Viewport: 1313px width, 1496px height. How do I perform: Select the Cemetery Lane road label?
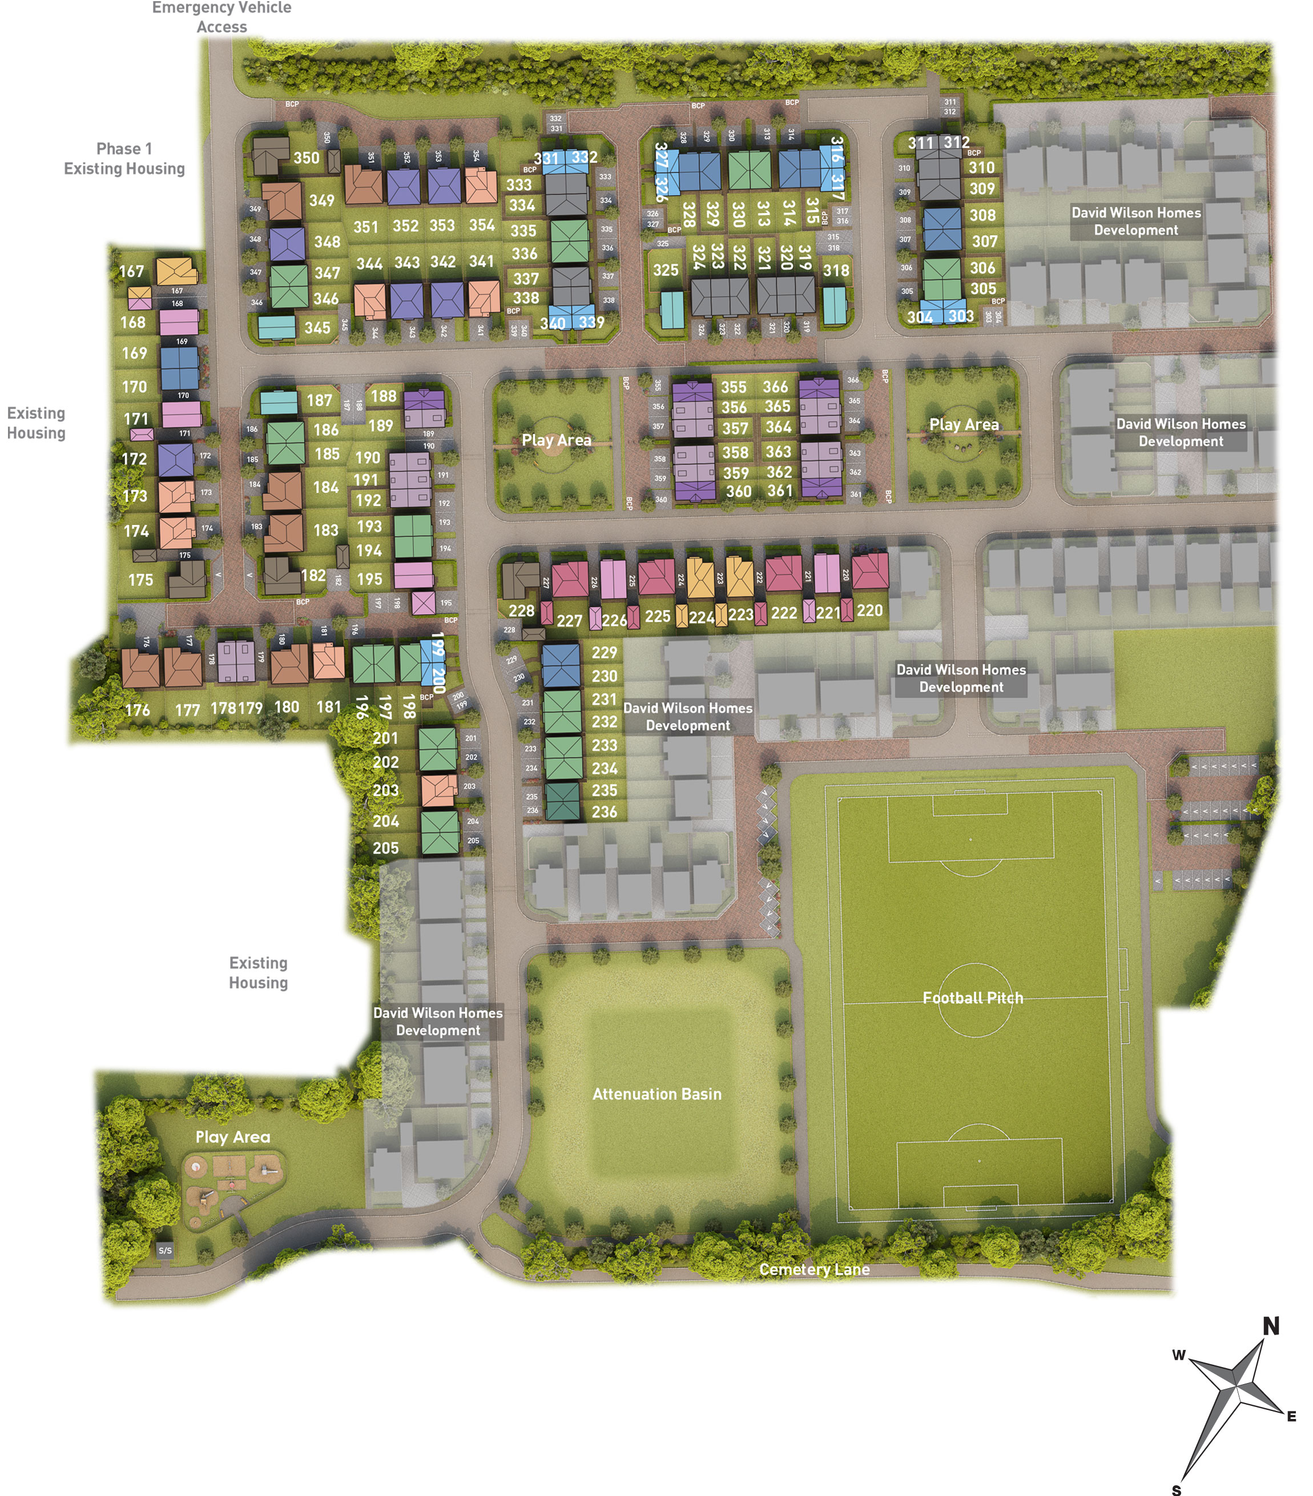pos(813,1269)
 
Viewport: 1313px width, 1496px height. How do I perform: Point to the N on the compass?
pos(1271,1325)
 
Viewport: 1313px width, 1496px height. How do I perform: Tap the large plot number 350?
pos(306,157)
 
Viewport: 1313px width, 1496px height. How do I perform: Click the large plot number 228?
pos(521,610)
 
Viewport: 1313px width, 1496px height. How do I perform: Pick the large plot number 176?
pos(138,709)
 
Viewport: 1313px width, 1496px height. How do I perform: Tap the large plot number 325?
pos(666,269)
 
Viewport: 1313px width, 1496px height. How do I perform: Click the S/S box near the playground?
pos(166,1250)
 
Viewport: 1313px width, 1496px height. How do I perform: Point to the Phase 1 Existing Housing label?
pos(124,159)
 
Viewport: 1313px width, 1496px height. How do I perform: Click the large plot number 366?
pos(775,386)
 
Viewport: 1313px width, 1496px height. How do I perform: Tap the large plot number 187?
pos(319,401)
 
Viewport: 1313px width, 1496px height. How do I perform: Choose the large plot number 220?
pos(869,610)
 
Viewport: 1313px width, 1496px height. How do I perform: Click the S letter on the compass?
pos(1176,1489)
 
